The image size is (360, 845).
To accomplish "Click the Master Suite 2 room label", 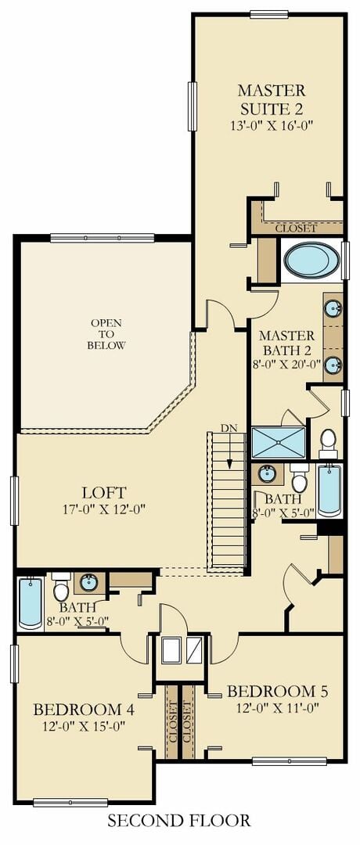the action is pos(272,99).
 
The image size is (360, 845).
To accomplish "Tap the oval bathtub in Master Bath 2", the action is pos(311,260).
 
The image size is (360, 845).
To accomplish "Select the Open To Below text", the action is pos(106,334).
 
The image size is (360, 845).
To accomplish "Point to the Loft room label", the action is pos(104,492).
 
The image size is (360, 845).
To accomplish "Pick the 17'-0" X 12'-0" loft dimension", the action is pos(104,509).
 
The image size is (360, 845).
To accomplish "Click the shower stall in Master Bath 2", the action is pos(279,443).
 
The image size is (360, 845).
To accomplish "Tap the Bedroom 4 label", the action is pos(84,708).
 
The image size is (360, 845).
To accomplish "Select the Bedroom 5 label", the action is pos(277,691).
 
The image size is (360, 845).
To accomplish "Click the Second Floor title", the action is pos(179,821).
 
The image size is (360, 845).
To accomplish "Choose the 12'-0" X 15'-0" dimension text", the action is pos(84,725).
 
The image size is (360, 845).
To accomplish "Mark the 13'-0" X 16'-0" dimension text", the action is pos(272,125).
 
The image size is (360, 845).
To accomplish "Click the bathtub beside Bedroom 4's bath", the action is pos(31,603).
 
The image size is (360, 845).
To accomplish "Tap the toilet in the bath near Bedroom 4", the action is pos(61,587).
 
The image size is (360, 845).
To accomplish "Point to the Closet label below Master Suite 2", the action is pos(296,228).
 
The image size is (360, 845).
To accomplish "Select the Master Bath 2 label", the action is pos(286,343).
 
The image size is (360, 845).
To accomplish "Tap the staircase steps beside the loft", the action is pos(226,499).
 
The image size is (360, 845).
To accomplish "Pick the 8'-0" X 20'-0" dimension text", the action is pos(286,363).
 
